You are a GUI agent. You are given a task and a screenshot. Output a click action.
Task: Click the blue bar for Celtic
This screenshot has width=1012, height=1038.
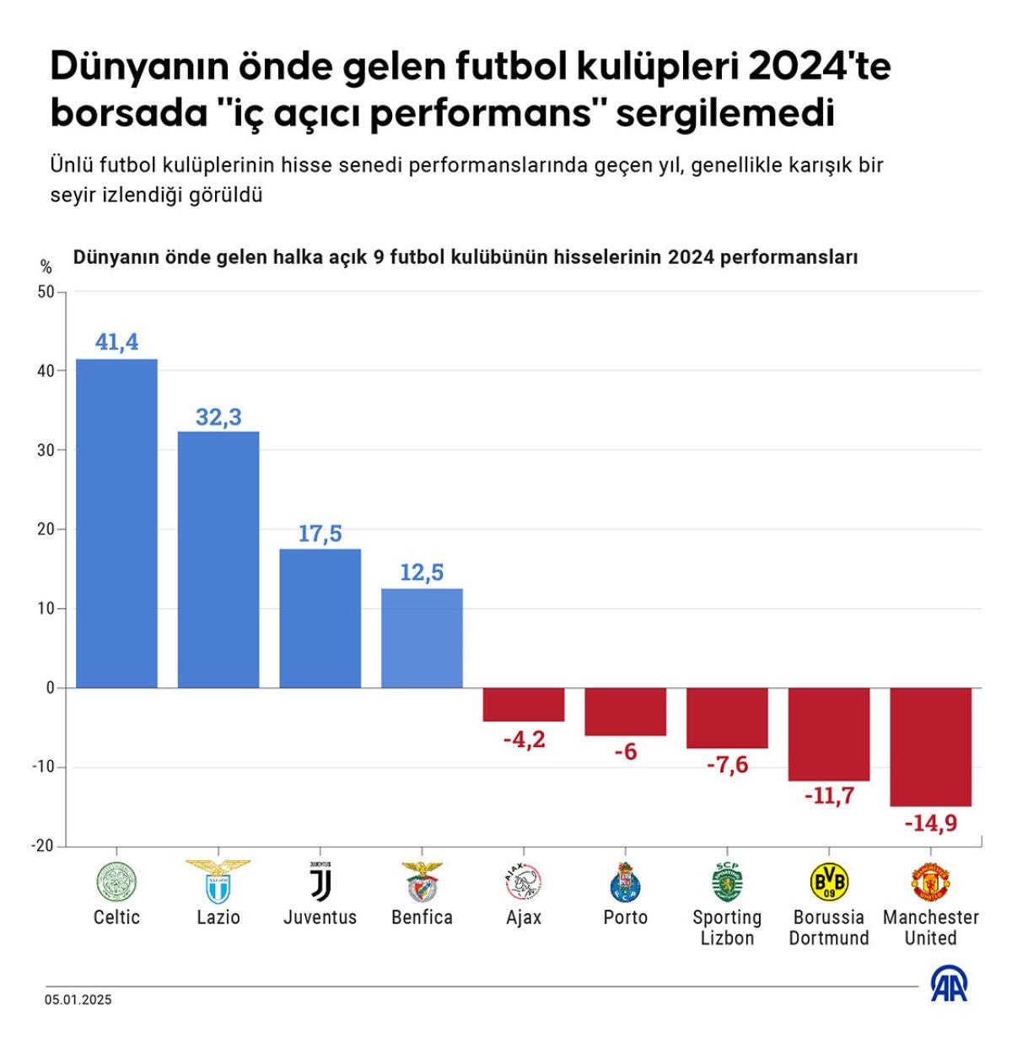(116, 523)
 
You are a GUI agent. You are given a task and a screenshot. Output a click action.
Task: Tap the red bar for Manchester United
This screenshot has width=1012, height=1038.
(931, 746)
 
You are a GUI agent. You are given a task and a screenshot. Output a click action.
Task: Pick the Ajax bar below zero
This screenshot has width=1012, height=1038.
(524, 704)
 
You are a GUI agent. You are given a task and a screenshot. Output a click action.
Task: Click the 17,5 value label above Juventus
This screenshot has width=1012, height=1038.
(320, 534)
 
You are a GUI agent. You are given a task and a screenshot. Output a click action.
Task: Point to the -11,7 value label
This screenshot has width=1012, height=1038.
(829, 795)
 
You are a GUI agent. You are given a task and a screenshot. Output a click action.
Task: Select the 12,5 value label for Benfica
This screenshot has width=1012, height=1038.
(422, 573)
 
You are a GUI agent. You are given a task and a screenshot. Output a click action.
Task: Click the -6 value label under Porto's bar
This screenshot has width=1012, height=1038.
(626, 751)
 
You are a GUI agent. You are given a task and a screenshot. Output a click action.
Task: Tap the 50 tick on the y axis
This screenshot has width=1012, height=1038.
(46, 292)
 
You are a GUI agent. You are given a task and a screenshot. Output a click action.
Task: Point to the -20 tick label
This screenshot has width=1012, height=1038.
(42, 846)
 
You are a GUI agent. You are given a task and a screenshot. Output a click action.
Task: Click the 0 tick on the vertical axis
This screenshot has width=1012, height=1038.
(50, 688)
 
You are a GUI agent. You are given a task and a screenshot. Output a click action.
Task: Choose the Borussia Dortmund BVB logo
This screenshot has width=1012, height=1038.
(829, 882)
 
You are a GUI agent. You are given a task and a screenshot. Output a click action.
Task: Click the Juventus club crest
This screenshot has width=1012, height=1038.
(320, 882)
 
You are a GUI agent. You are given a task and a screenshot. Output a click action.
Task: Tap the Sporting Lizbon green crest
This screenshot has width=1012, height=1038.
(727, 882)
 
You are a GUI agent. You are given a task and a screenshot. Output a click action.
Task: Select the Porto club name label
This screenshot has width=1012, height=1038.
(626, 917)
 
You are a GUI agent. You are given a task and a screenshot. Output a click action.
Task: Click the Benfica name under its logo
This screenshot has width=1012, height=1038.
(422, 917)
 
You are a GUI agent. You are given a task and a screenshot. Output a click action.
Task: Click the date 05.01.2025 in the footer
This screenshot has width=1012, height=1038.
(78, 1000)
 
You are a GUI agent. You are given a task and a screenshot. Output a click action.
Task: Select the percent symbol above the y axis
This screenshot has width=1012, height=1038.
(46, 267)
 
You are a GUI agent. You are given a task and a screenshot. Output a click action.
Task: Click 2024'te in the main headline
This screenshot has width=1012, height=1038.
(819, 66)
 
